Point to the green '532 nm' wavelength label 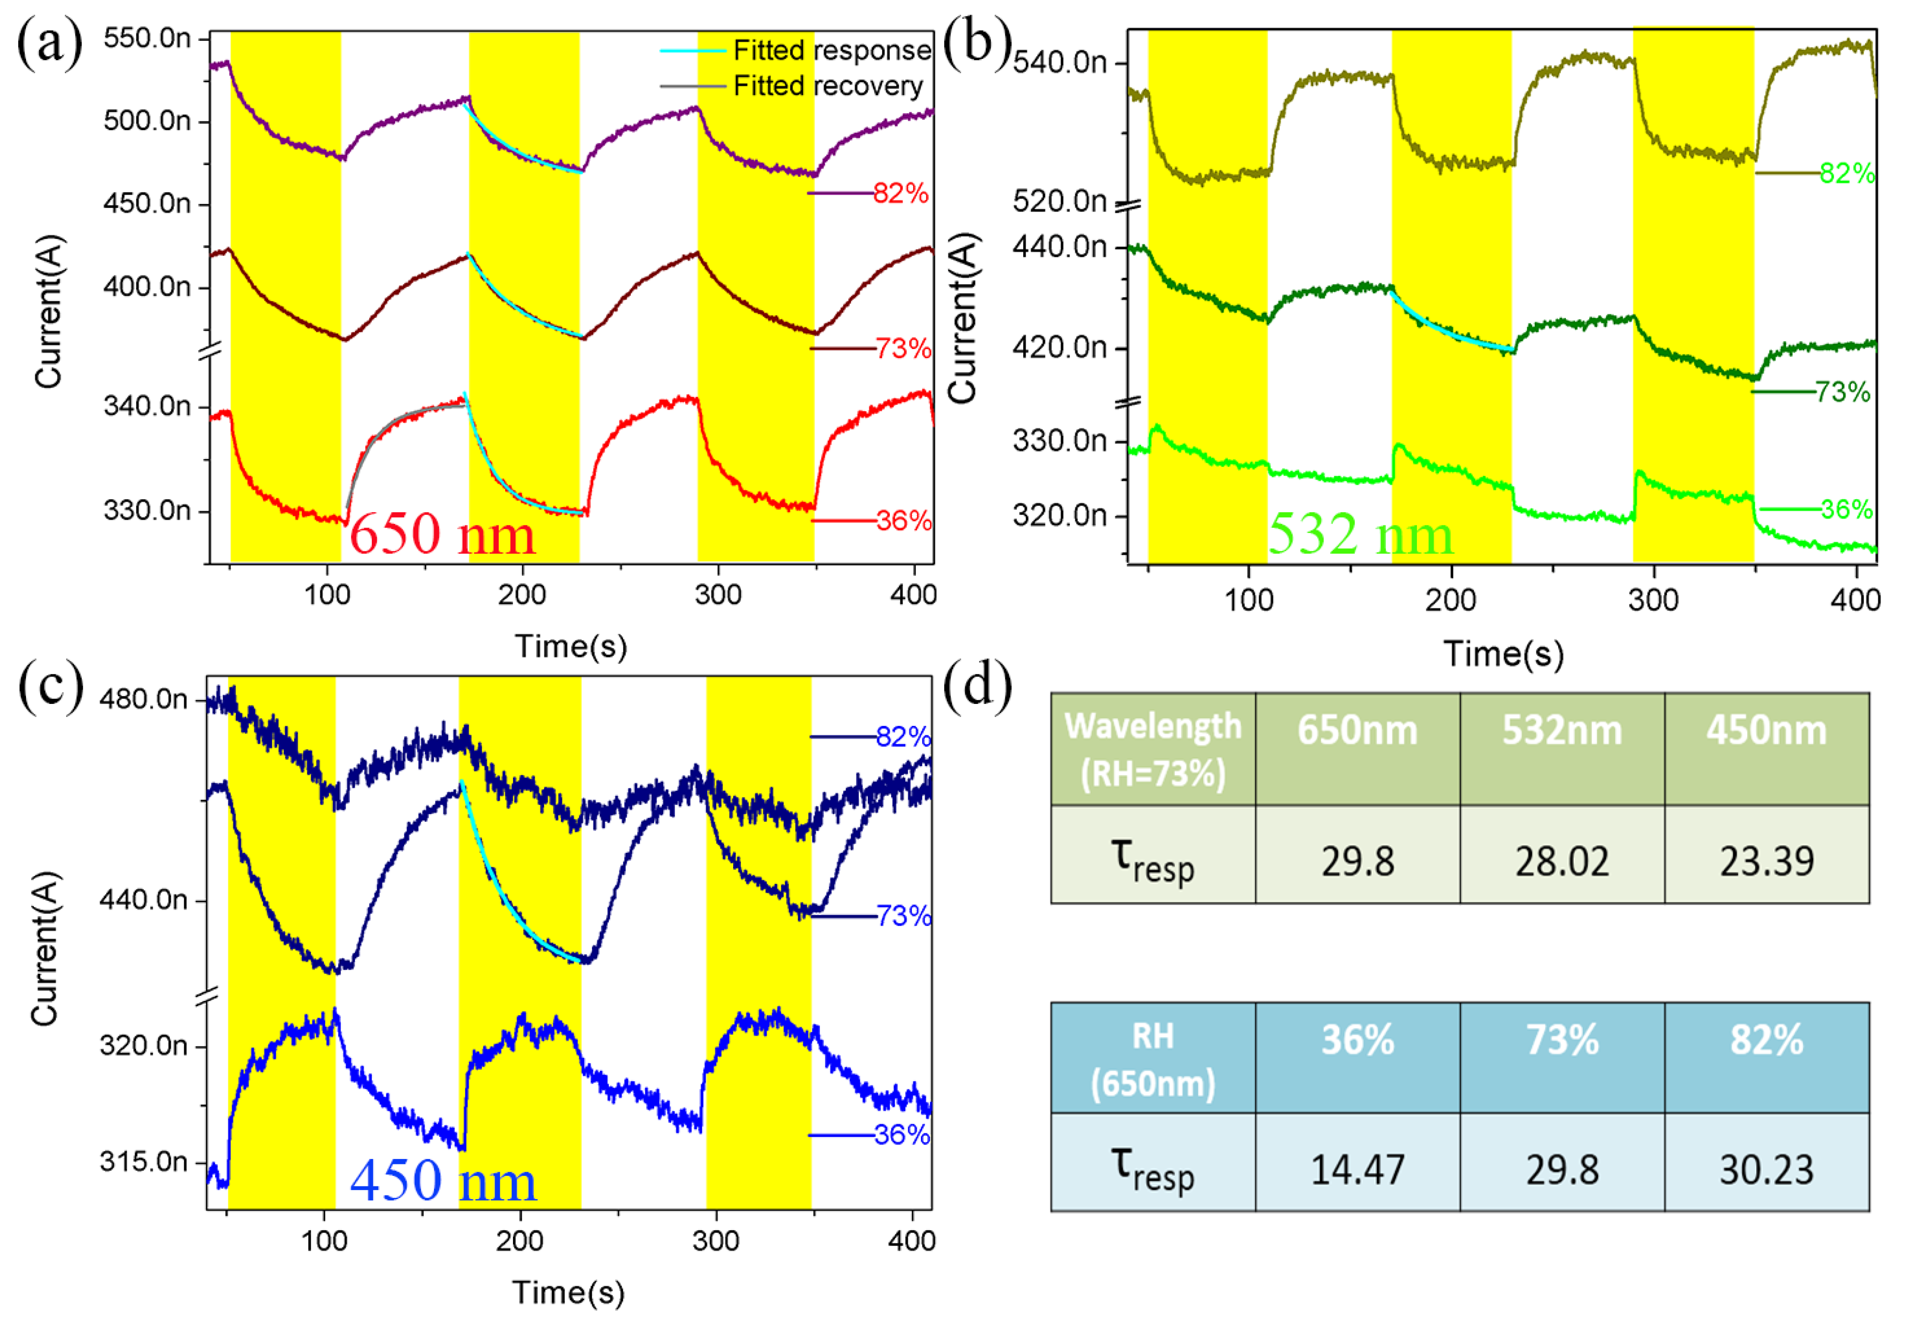[1361, 534]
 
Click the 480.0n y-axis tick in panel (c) [143, 699]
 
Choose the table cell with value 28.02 [1562, 862]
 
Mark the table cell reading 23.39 [1766, 862]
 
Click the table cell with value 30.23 [1766, 1169]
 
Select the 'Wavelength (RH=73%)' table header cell [1153, 749]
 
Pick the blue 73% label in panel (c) [904, 915]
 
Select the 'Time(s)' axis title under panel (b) [1503, 654]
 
